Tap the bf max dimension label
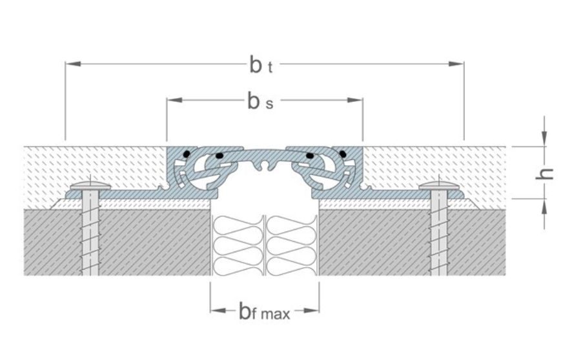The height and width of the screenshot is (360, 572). [265, 312]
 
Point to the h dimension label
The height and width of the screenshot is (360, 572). [544, 174]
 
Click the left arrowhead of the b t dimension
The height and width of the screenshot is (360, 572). [72, 64]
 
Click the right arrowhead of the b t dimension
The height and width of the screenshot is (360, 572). [456, 64]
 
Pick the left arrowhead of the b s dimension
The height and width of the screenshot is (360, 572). [174, 100]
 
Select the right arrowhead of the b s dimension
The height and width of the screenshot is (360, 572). [355, 100]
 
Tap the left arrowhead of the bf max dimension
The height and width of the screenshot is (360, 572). [218, 310]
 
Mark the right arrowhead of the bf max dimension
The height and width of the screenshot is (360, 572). [312, 310]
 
